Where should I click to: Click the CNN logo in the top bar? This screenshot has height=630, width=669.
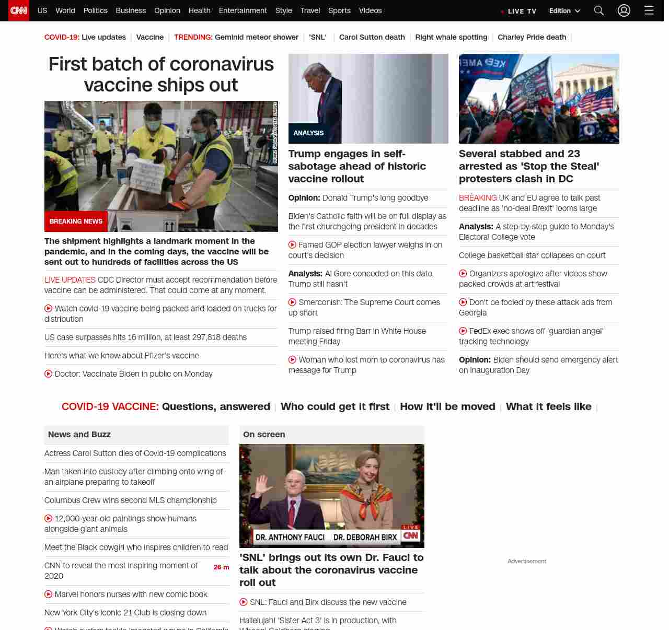pyautogui.click(x=19, y=10)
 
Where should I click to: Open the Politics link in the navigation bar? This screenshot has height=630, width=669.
pyautogui.click(x=95, y=10)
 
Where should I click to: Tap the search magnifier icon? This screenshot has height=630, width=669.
pyautogui.click(x=599, y=10)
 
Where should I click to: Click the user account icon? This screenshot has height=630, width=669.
pyautogui.click(x=624, y=10)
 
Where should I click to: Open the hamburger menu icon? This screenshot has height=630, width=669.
pyautogui.click(x=649, y=10)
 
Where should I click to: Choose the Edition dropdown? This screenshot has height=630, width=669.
pyautogui.click(x=564, y=11)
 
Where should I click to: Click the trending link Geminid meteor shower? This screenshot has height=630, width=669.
pyautogui.click(x=256, y=37)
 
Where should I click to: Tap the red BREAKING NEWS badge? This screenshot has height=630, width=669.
pyautogui.click(x=76, y=221)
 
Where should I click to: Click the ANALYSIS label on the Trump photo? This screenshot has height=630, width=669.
pyautogui.click(x=308, y=133)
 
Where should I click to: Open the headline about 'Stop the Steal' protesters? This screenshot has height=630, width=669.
pyautogui.click(x=529, y=166)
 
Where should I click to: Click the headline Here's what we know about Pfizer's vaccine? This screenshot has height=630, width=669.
pyautogui.click(x=122, y=356)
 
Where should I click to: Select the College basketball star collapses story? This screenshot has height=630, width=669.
pyautogui.click(x=532, y=255)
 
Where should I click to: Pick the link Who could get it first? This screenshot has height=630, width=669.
pyautogui.click(x=335, y=406)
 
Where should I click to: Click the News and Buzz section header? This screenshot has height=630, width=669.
pyautogui.click(x=79, y=435)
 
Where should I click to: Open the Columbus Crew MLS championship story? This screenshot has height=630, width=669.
pyautogui.click(x=131, y=500)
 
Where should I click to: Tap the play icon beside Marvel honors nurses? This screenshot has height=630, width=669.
pyautogui.click(x=49, y=594)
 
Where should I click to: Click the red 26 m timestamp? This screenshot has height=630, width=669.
pyautogui.click(x=221, y=567)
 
